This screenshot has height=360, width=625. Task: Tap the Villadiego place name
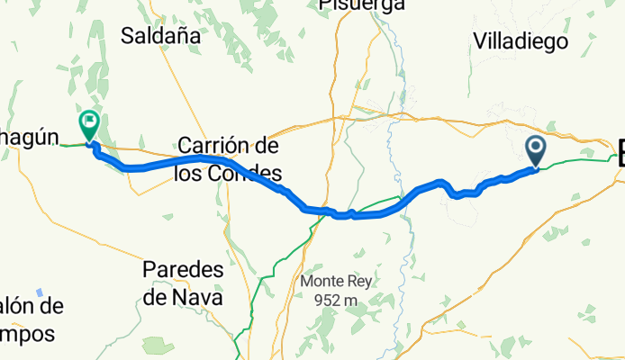click(x=519, y=41)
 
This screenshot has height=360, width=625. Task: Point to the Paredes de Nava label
click(x=184, y=283)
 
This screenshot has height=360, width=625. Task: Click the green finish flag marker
click(x=90, y=124)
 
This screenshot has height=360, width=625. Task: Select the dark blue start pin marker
click(x=535, y=150)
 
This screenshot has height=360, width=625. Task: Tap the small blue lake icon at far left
click(x=40, y=292)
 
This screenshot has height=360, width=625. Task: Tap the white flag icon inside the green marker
click(x=90, y=121)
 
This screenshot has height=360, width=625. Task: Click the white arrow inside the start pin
click(x=535, y=147)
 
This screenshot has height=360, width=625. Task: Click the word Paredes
click(x=184, y=270)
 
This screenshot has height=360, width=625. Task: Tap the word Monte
click(x=320, y=281)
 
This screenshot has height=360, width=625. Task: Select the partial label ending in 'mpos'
click(x=27, y=334)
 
